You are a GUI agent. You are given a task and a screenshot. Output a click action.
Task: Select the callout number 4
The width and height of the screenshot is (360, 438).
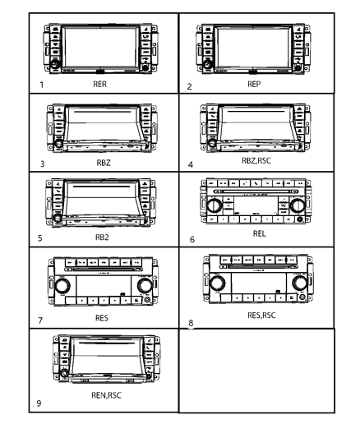[191, 164]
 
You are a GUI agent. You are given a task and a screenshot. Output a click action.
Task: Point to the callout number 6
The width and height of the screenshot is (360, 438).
[191, 242]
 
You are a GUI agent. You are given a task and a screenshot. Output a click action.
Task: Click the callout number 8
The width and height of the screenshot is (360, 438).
[192, 323]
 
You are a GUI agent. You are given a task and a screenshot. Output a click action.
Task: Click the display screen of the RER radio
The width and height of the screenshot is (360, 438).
[98, 47]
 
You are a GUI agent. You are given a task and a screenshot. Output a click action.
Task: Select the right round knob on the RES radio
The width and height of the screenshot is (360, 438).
[144, 285]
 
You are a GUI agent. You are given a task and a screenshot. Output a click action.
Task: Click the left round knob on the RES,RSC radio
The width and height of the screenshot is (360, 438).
[216, 284]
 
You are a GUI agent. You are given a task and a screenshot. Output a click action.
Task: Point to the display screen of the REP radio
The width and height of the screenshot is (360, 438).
[253, 47]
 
